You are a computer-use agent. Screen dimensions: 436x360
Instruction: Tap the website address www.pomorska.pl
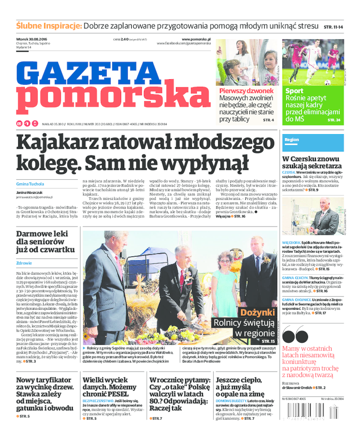[196, 39]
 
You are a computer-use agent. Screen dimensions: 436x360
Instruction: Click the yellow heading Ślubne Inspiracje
[49, 26]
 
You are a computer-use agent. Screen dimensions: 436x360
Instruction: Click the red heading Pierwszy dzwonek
[246, 91]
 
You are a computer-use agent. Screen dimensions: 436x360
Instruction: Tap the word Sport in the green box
[294, 91]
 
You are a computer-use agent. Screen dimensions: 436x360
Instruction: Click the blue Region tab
[292, 140]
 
